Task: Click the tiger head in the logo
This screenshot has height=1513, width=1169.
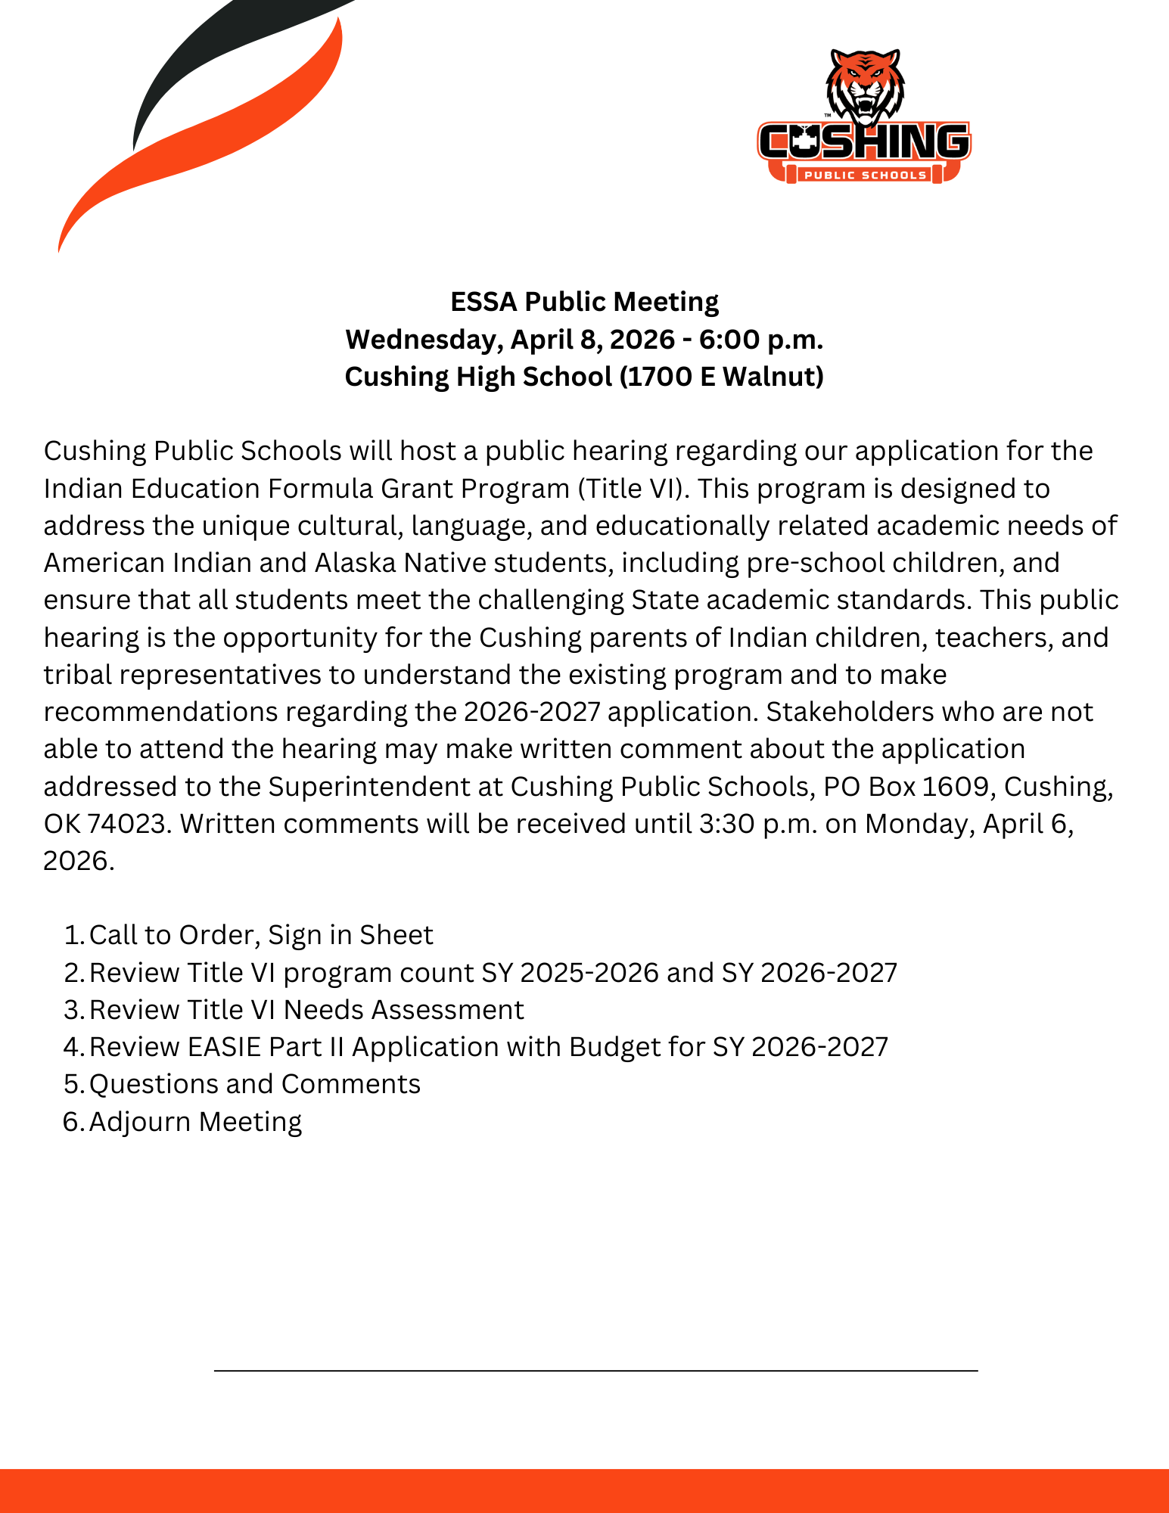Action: click(865, 87)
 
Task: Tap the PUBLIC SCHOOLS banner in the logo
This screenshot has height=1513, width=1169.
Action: click(865, 176)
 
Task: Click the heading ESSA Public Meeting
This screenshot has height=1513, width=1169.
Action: click(584, 302)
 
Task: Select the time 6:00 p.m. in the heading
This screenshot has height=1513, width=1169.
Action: click(760, 340)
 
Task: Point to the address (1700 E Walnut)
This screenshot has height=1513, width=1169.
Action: click(722, 377)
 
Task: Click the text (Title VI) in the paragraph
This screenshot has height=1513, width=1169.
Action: click(633, 489)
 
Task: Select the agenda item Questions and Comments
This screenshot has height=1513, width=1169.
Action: click(255, 1085)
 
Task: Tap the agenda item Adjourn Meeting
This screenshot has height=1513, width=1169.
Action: click(195, 1122)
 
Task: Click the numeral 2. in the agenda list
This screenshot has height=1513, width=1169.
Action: click(73, 973)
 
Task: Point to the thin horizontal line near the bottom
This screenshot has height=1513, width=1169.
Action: click(595, 1370)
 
